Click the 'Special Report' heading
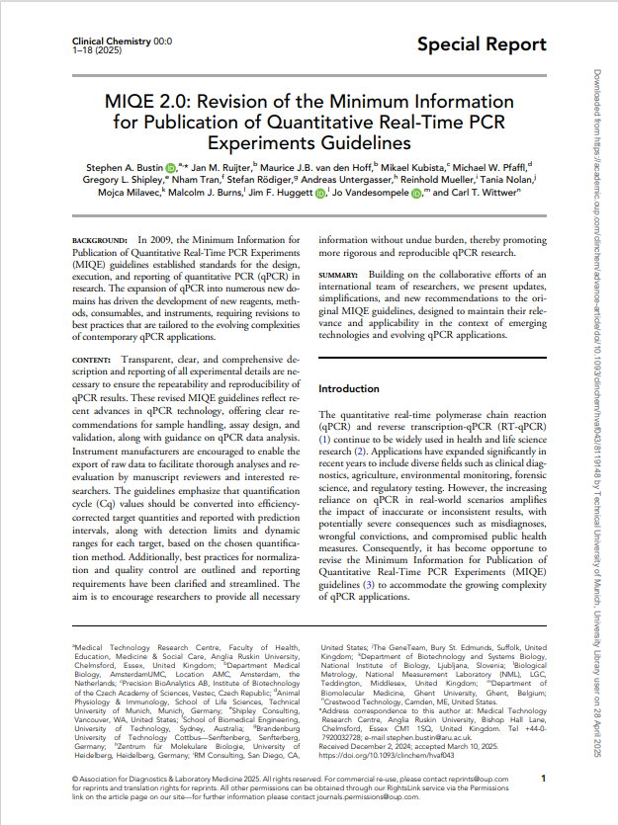[x=482, y=44]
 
